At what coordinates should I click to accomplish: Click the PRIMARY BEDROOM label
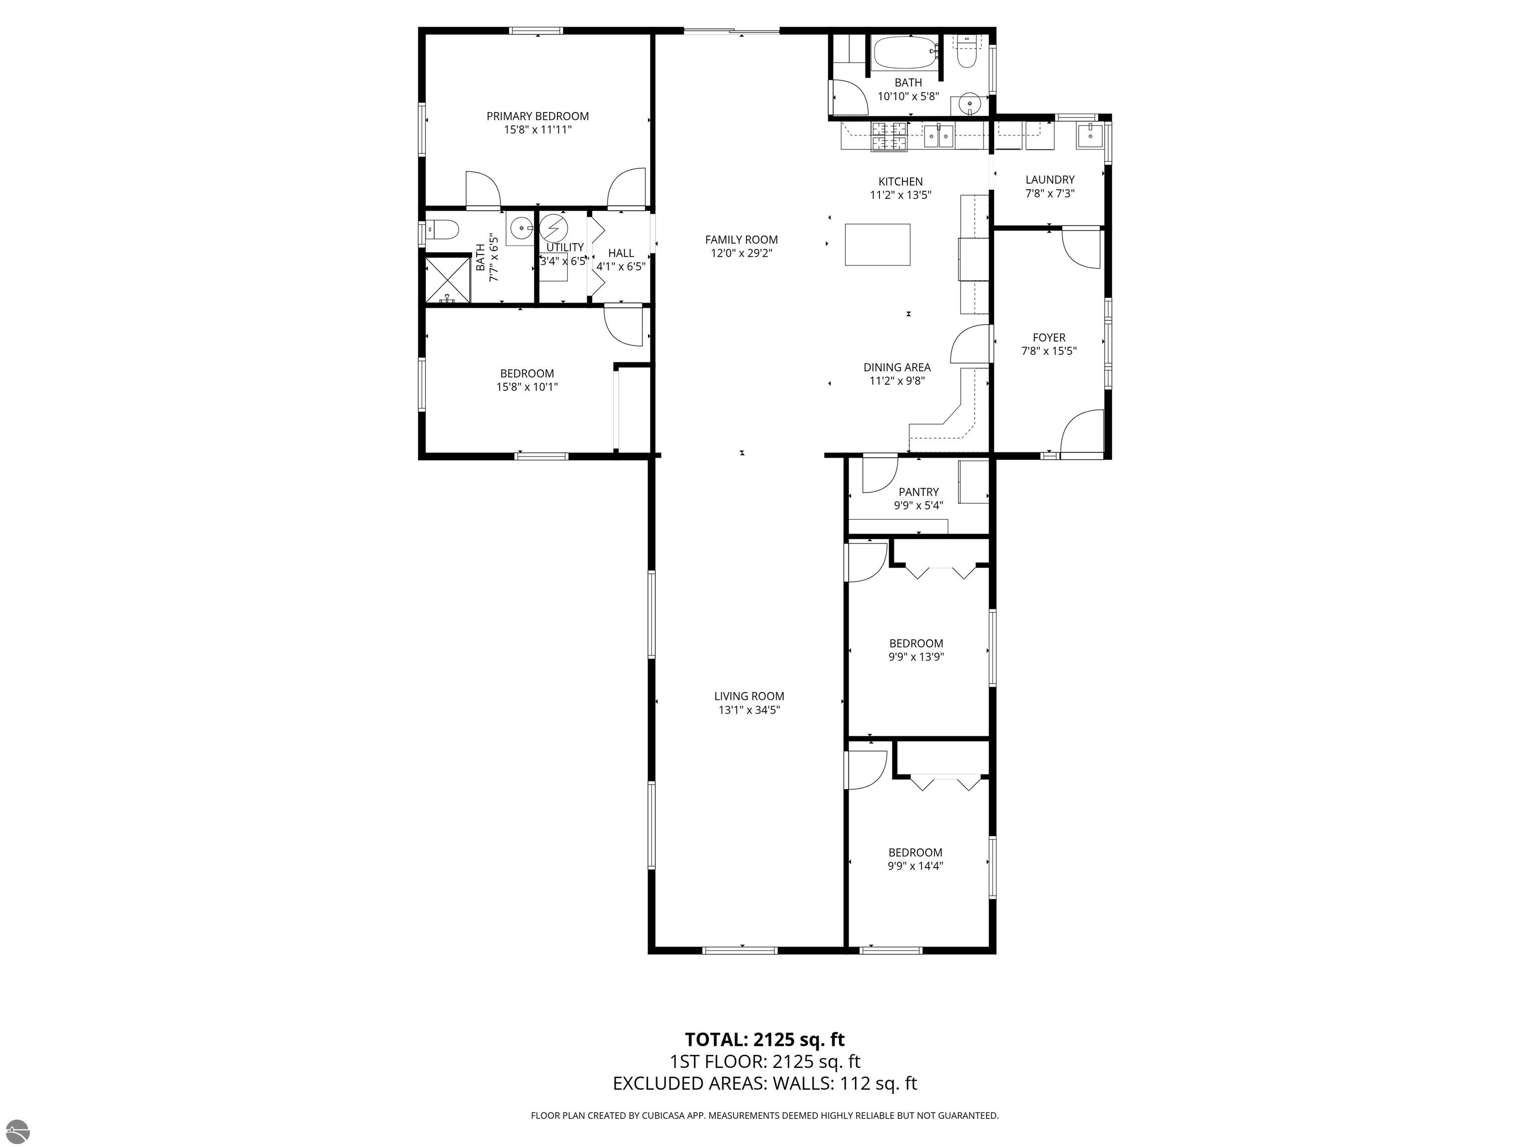(537, 116)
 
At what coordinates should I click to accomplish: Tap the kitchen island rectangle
(877, 244)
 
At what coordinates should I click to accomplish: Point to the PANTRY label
(918, 492)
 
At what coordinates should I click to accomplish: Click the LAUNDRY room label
(1050, 180)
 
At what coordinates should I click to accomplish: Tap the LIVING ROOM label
(749, 696)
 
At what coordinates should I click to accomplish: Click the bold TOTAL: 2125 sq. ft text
(765, 1040)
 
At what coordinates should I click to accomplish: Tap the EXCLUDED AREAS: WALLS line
(765, 1083)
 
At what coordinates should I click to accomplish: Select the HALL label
(621, 253)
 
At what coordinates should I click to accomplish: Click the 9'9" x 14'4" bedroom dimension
(916, 866)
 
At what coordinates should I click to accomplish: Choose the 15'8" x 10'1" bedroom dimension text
(527, 387)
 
